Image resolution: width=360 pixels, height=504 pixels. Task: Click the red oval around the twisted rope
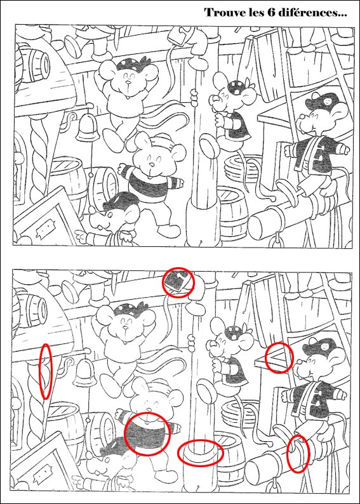(x=46, y=371)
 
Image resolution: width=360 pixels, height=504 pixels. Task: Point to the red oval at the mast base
(x=201, y=452)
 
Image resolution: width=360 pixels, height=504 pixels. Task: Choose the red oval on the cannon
(x=298, y=453)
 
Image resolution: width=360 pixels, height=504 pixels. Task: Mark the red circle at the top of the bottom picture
(x=179, y=282)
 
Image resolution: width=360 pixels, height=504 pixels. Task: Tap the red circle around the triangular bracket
(x=279, y=357)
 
